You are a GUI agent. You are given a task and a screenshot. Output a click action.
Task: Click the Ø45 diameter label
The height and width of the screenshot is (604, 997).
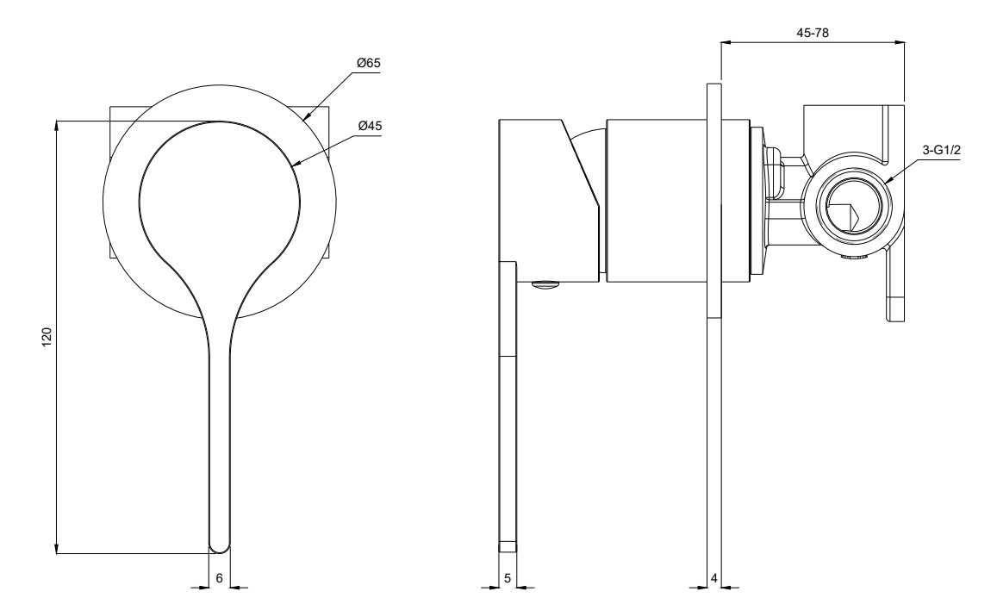point(370,126)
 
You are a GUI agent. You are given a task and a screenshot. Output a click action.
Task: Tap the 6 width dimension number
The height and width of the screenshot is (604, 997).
point(220,578)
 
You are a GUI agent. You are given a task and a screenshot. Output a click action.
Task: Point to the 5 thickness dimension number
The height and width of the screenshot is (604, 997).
point(508,578)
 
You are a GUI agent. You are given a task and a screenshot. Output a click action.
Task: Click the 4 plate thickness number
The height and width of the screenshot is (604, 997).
point(714,578)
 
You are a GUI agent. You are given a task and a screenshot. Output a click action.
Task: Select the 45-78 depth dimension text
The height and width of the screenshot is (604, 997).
point(813,31)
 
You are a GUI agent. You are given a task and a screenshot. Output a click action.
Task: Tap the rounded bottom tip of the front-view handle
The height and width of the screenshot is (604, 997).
point(220,545)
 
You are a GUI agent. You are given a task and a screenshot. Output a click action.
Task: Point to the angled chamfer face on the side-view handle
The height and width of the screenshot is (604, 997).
point(581,164)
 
